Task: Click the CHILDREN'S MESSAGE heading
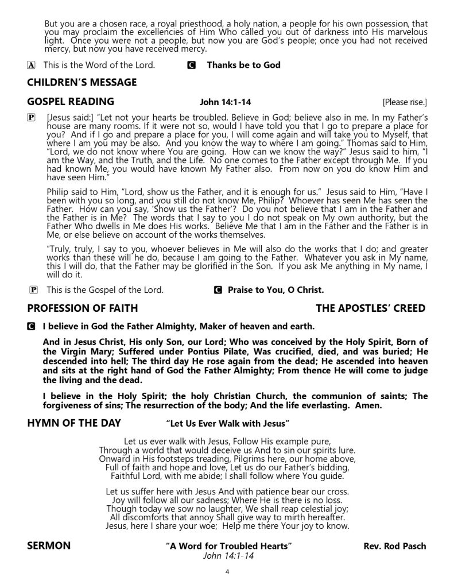[82, 82]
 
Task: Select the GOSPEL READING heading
[71, 102]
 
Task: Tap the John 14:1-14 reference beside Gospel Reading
[224, 103]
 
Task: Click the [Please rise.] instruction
[405, 103]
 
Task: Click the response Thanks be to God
[243, 65]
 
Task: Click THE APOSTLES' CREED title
[370, 308]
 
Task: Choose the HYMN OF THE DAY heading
[74, 423]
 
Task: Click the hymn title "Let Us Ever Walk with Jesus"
[227, 424]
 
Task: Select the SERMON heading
[49, 546]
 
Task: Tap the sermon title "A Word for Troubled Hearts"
[228, 546]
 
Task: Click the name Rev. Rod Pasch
[395, 546]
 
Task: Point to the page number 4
[227, 572]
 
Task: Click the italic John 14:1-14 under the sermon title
[228, 556]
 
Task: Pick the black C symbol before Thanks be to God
[191, 65]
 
